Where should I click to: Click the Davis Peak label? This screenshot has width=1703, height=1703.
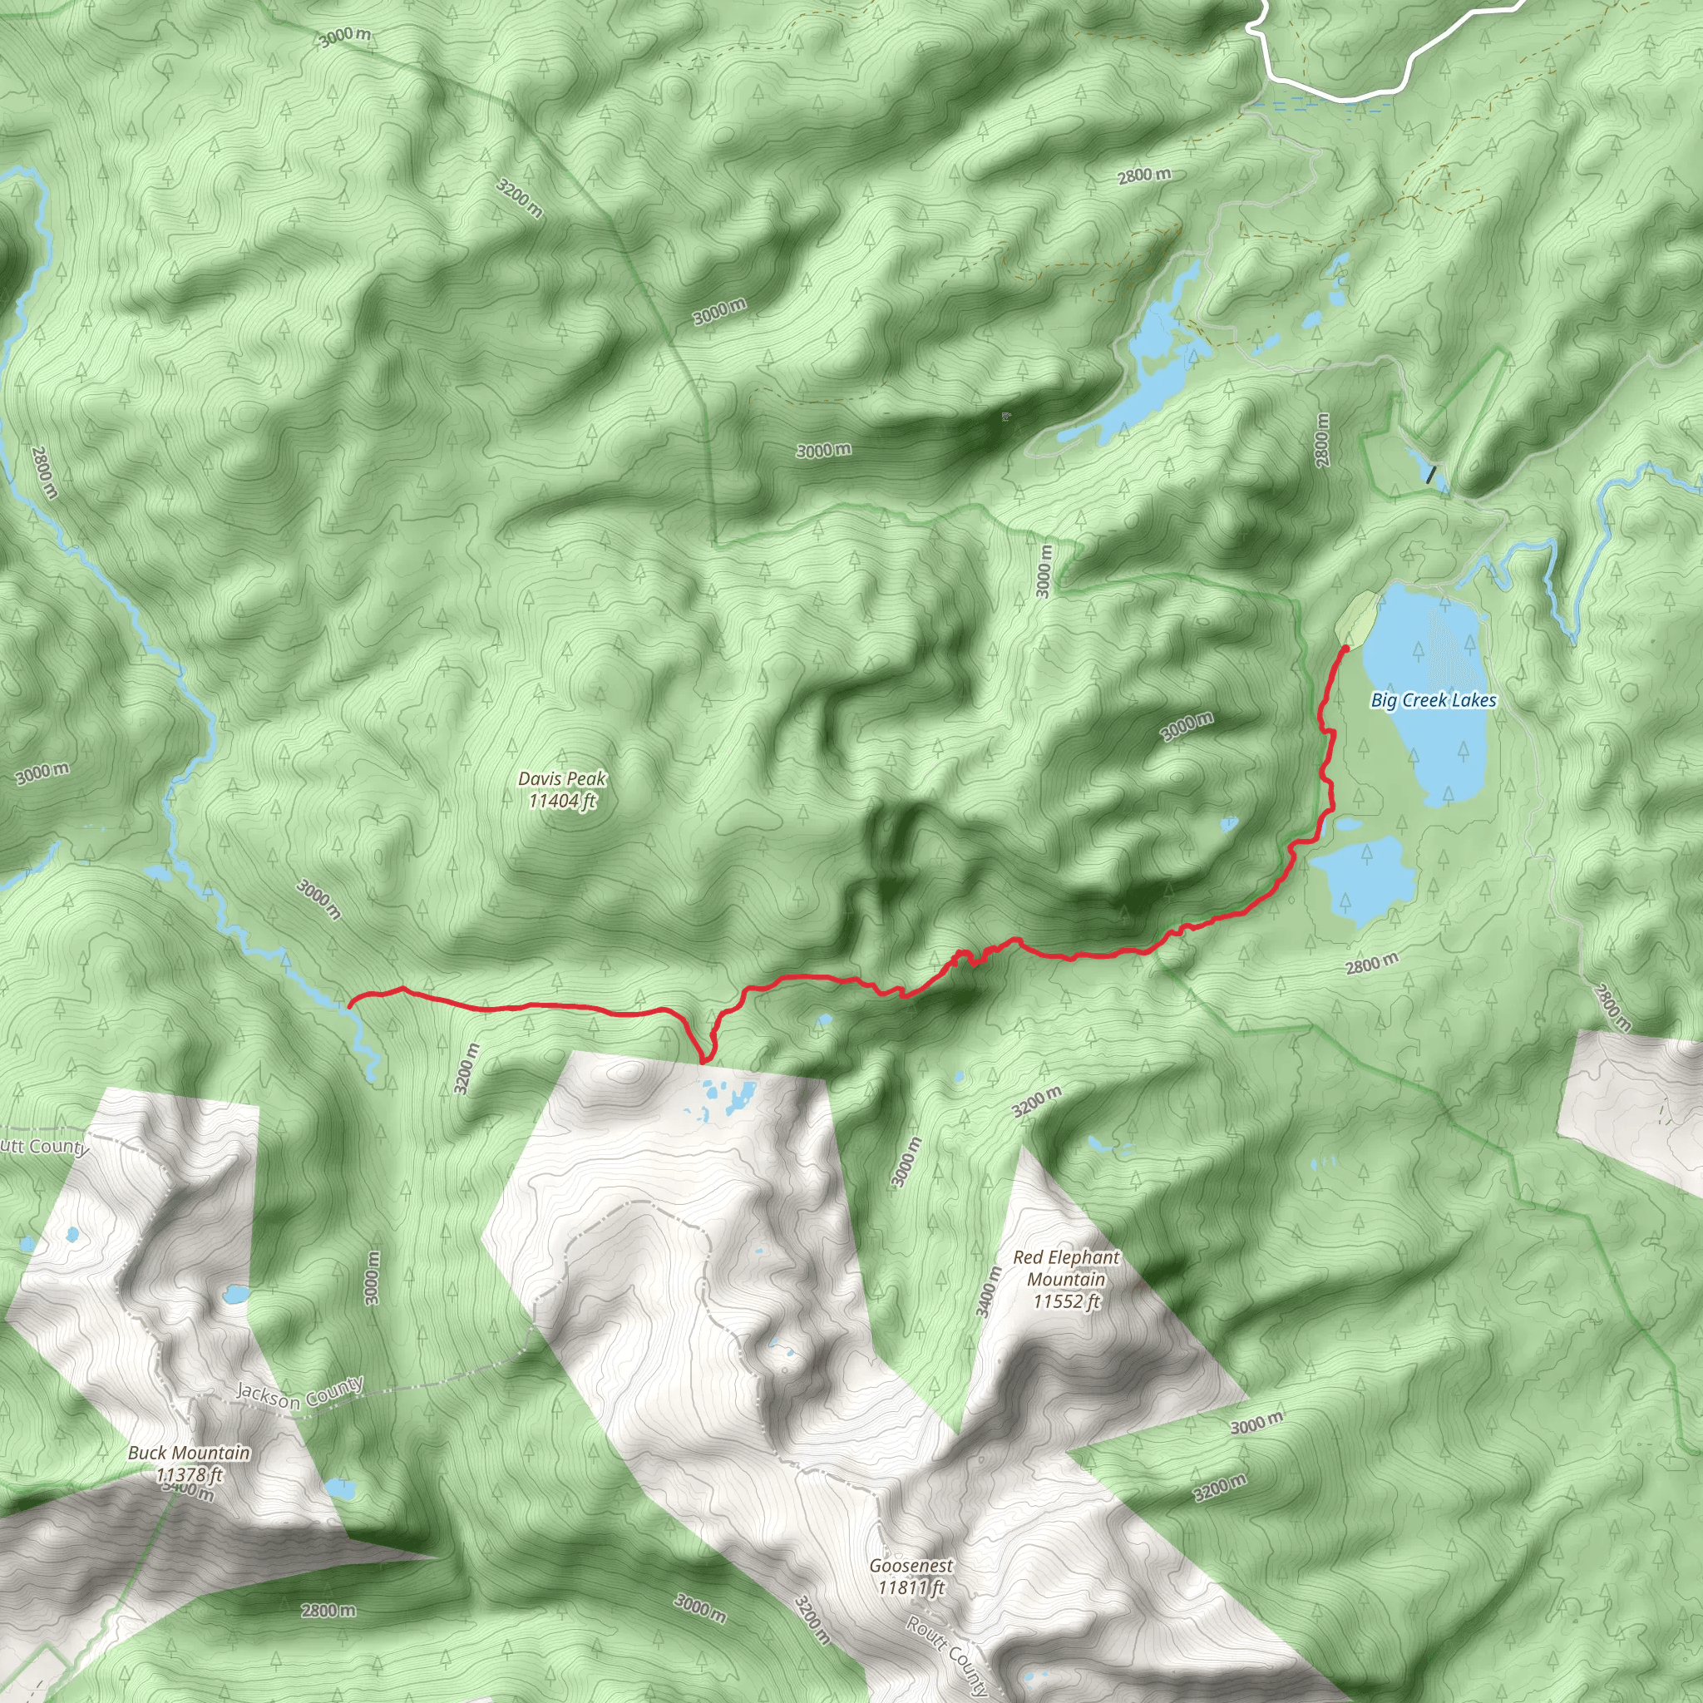[x=561, y=790]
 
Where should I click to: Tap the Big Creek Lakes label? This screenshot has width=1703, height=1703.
[x=1434, y=700]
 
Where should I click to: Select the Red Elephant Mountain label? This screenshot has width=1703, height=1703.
[x=1066, y=1279]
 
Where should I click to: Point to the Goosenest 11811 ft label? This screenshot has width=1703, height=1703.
[x=911, y=1576]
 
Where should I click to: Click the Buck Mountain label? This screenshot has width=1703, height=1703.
[x=189, y=1464]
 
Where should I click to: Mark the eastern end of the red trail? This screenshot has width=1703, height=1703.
[x=1346, y=648]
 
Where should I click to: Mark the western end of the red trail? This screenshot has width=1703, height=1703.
[x=351, y=1004]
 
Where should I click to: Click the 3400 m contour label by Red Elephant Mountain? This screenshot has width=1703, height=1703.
[x=989, y=1291]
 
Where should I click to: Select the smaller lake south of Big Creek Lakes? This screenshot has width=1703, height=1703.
[x=1362, y=878]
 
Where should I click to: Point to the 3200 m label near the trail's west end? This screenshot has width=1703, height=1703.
[x=467, y=1069]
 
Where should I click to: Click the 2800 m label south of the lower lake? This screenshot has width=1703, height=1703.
[x=1371, y=964]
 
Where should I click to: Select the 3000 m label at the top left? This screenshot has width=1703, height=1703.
[x=344, y=37]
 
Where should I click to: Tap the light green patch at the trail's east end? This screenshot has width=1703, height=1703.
[x=1355, y=617]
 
